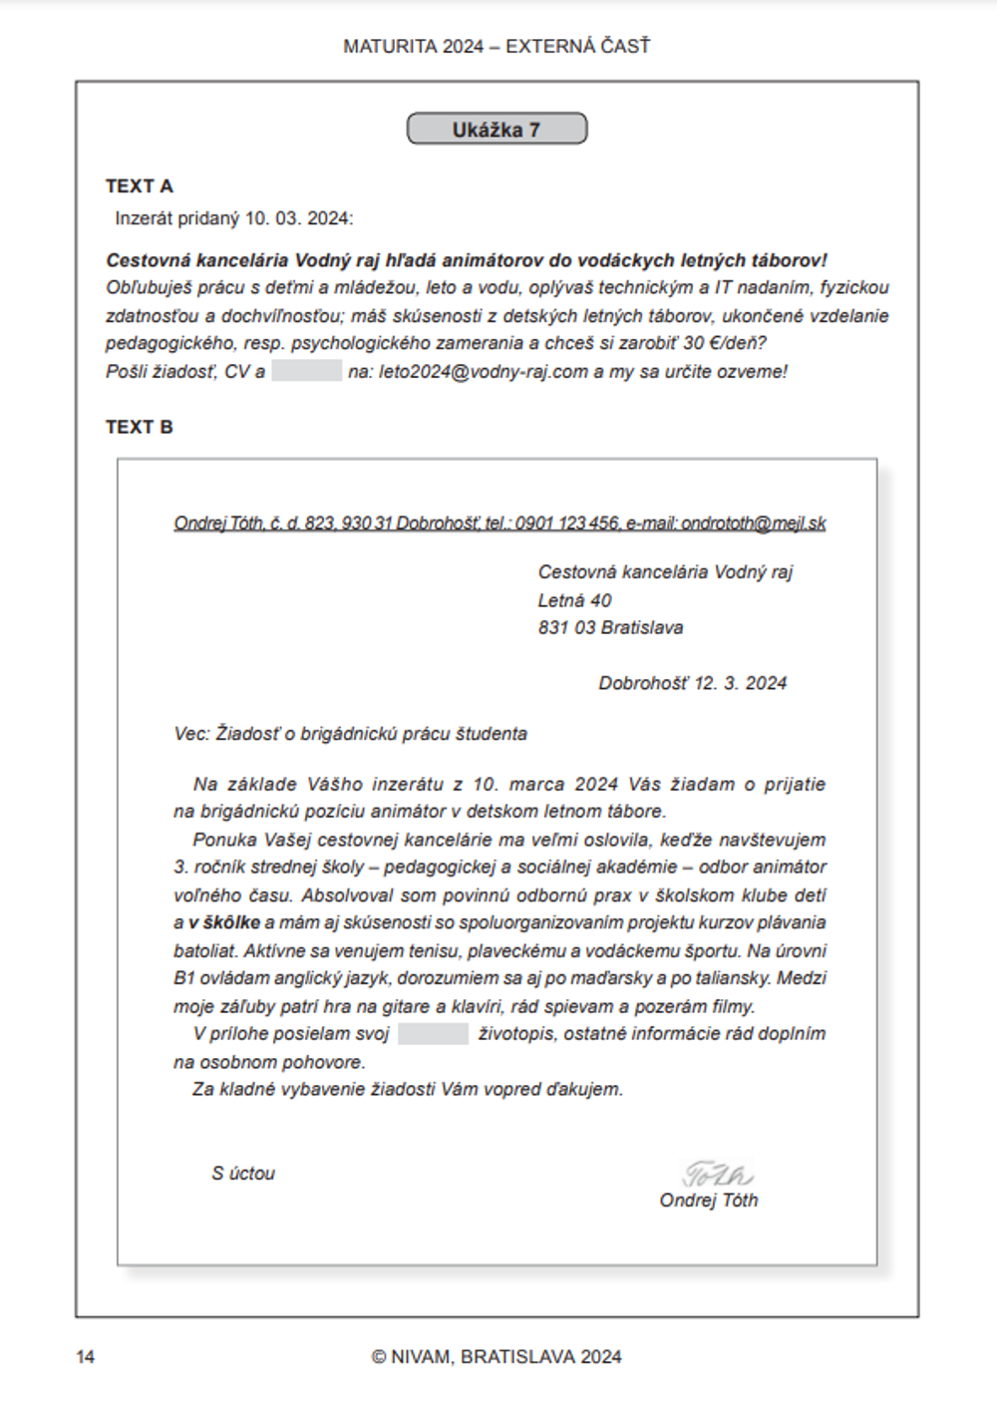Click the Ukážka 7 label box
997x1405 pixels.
coord(497,130)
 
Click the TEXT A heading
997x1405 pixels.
coord(140,186)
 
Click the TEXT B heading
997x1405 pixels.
coord(140,427)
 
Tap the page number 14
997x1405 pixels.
coord(86,1357)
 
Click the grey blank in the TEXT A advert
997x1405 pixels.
coord(307,372)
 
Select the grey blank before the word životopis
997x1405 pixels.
coord(433,1034)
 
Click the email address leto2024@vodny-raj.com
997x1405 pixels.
coord(484,372)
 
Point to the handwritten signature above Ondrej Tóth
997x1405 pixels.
coord(717,1174)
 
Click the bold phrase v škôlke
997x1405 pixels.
coord(224,923)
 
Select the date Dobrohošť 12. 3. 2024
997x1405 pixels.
coord(692,684)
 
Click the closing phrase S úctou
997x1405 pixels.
coord(243,1174)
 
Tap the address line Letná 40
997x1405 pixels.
coord(574,600)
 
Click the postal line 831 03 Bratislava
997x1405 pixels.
coord(610,628)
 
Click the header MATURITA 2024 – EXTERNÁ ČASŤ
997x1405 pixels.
coord(497,47)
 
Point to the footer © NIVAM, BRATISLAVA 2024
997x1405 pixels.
coord(497,1357)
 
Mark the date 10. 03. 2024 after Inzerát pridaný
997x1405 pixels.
coord(297,218)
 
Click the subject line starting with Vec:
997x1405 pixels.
coord(350,734)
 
